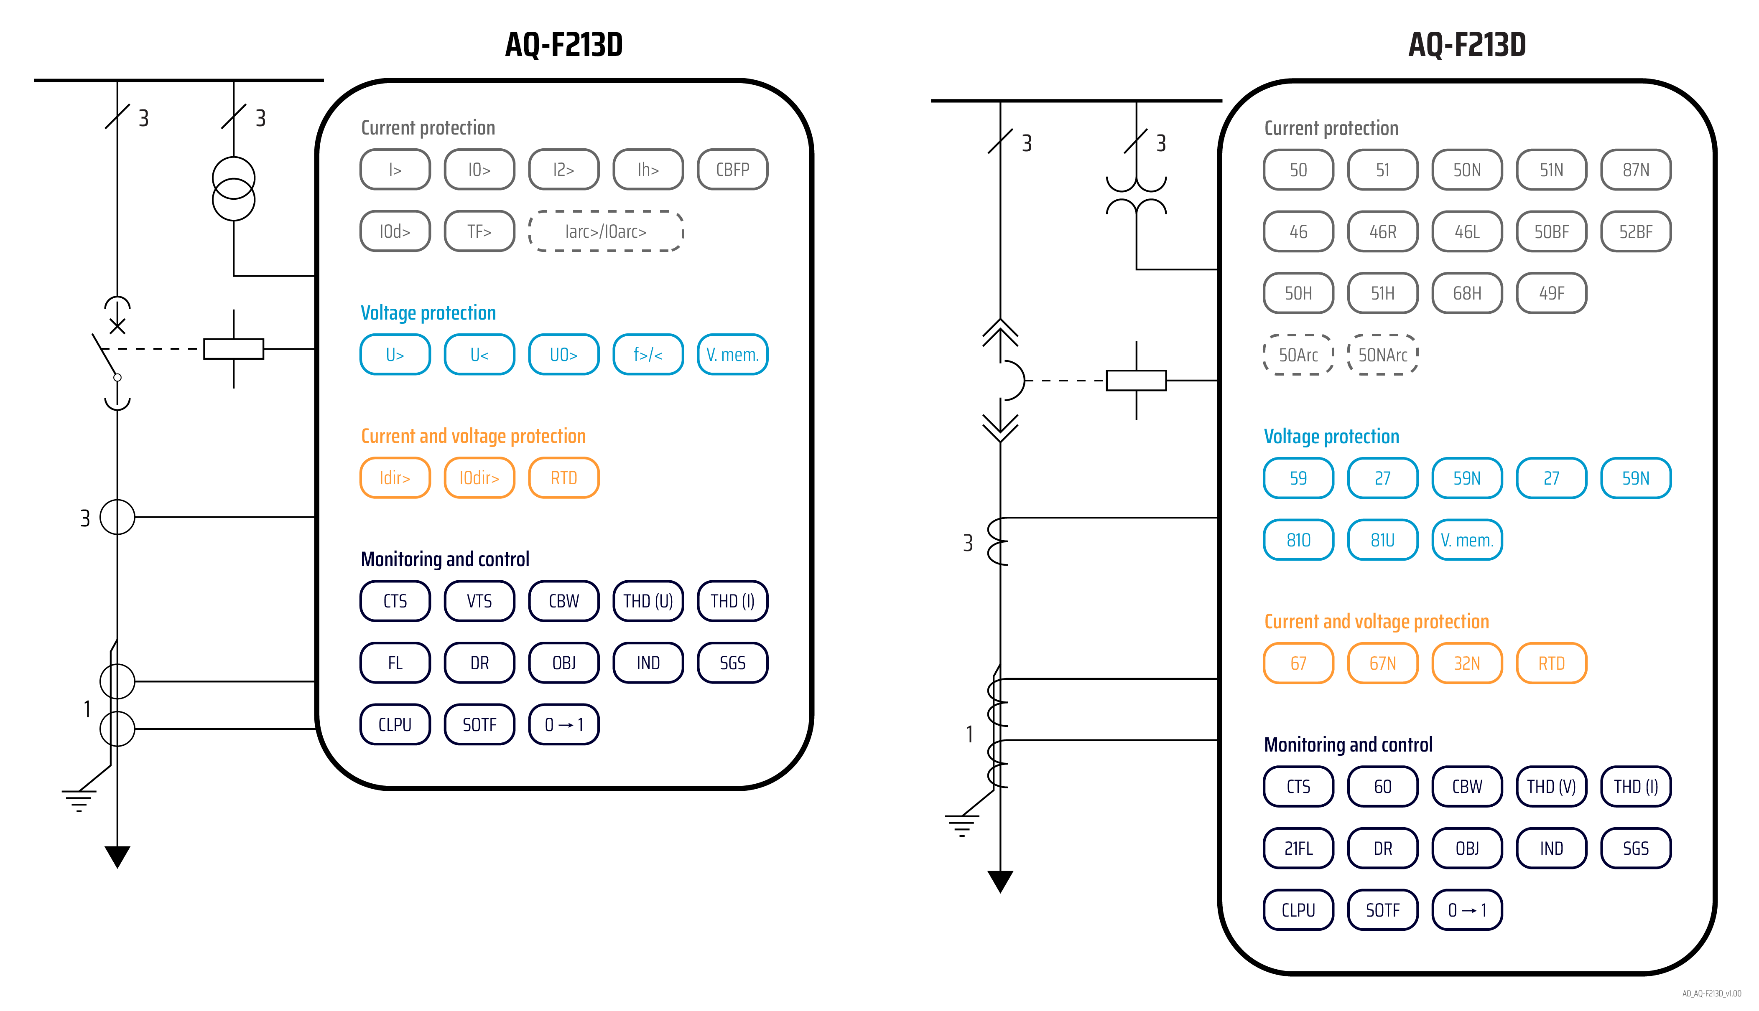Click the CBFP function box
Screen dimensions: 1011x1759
[732, 170]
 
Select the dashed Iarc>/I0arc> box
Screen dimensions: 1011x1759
[605, 231]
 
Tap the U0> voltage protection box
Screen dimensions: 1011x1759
[563, 355]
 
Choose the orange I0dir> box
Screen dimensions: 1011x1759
[479, 478]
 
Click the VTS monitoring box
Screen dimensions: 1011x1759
[479, 601]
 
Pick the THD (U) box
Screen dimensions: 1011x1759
[648, 601]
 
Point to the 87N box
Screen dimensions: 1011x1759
[1635, 170]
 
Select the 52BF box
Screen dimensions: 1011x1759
[1635, 232]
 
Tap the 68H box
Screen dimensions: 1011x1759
[1466, 293]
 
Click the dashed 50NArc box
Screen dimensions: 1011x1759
[1382, 355]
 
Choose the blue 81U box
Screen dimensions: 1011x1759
[1382, 540]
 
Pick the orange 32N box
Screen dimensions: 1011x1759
[1466, 663]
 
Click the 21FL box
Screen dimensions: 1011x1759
[1298, 848]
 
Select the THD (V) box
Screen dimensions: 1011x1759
[1550, 787]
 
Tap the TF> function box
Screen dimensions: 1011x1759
[479, 231]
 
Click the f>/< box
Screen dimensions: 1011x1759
[648, 355]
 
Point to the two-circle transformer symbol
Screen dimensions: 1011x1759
[233, 189]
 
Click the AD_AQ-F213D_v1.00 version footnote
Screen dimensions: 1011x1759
[1711, 993]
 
